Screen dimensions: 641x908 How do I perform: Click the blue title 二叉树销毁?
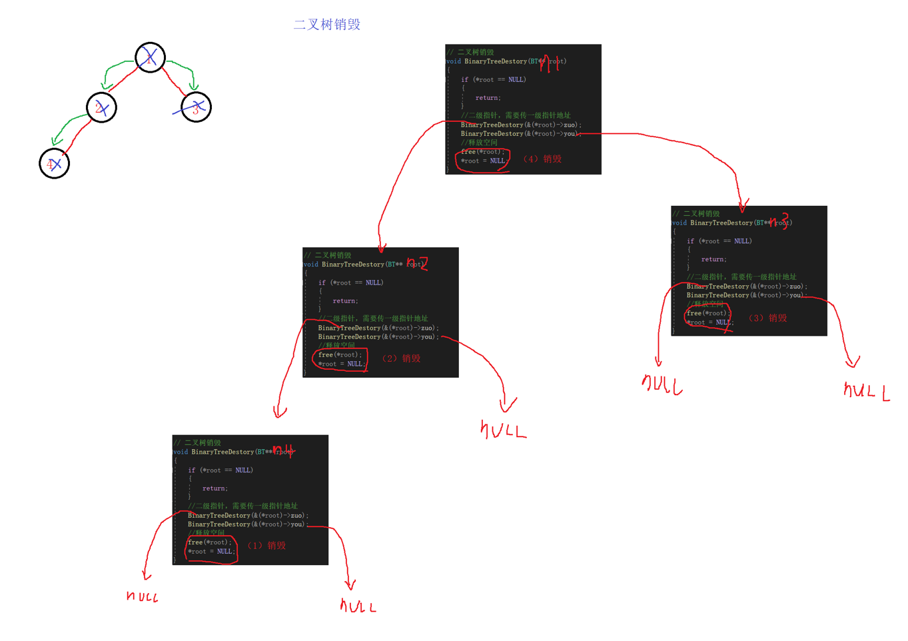pyautogui.click(x=326, y=25)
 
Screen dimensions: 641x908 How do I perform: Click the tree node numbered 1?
pyautogui.click(x=150, y=57)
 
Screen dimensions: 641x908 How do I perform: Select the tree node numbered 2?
pyautogui.click(x=101, y=107)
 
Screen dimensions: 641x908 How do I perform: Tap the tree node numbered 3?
pyautogui.click(x=196, y=107)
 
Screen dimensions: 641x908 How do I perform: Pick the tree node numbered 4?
pyautogui.click(x=54, y=163)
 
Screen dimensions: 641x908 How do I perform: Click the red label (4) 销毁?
pyautogui.click(x=542, y=159)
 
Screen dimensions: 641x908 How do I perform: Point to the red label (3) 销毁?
pyautogui.click(x=768, y=318)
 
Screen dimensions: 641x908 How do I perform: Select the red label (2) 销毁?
pyautogui.click(x=401, y=358)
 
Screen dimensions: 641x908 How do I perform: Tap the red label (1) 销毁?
pyautogui.click(x=266, y=546)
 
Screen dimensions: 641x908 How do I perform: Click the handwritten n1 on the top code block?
pyautogui.click(x=549, y=63)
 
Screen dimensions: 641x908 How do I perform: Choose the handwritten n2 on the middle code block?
pyautogui.click(x=417, y=263)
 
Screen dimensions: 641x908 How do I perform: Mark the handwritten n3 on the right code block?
pyautogui.click(x=778, y=221)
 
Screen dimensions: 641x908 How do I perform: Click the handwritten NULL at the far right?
pyautogui.click(x=866, y=391)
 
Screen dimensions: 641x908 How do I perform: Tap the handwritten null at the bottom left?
pyautogui.click(x=142, y=596)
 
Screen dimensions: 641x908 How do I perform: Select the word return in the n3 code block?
pyautogui.click(x=713, y=259)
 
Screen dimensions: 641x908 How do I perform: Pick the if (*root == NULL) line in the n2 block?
pyautogui.click(x=350, y=283)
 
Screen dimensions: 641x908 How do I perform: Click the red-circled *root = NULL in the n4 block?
pyautogui.click(x=211, y=552)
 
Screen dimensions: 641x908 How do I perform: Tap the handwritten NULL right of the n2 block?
pyautogui.click(x=503, y=430)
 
